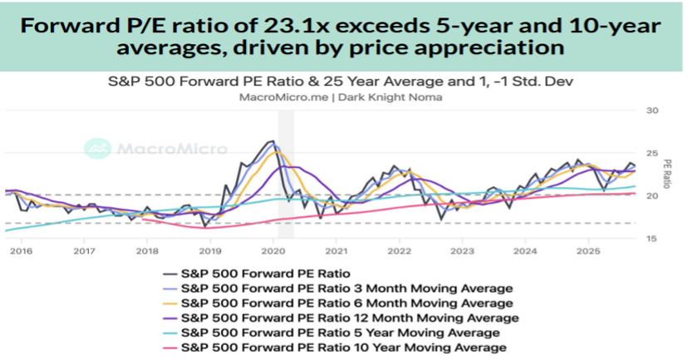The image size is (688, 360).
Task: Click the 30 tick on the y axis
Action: coord(651,111)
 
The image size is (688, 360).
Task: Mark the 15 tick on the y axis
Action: coord(651,239)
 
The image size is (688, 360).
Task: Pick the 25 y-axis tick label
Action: coord(651,153)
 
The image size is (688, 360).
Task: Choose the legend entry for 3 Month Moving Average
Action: coord(346,288)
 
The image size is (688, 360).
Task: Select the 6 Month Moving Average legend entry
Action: coord(346,303)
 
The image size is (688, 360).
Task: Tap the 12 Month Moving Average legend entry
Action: coord(350,318)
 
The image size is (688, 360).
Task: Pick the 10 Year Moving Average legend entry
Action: coord(342,348)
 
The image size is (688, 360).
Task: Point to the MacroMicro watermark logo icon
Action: coord(98,149)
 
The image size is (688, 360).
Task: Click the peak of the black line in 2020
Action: coord(272,141)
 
